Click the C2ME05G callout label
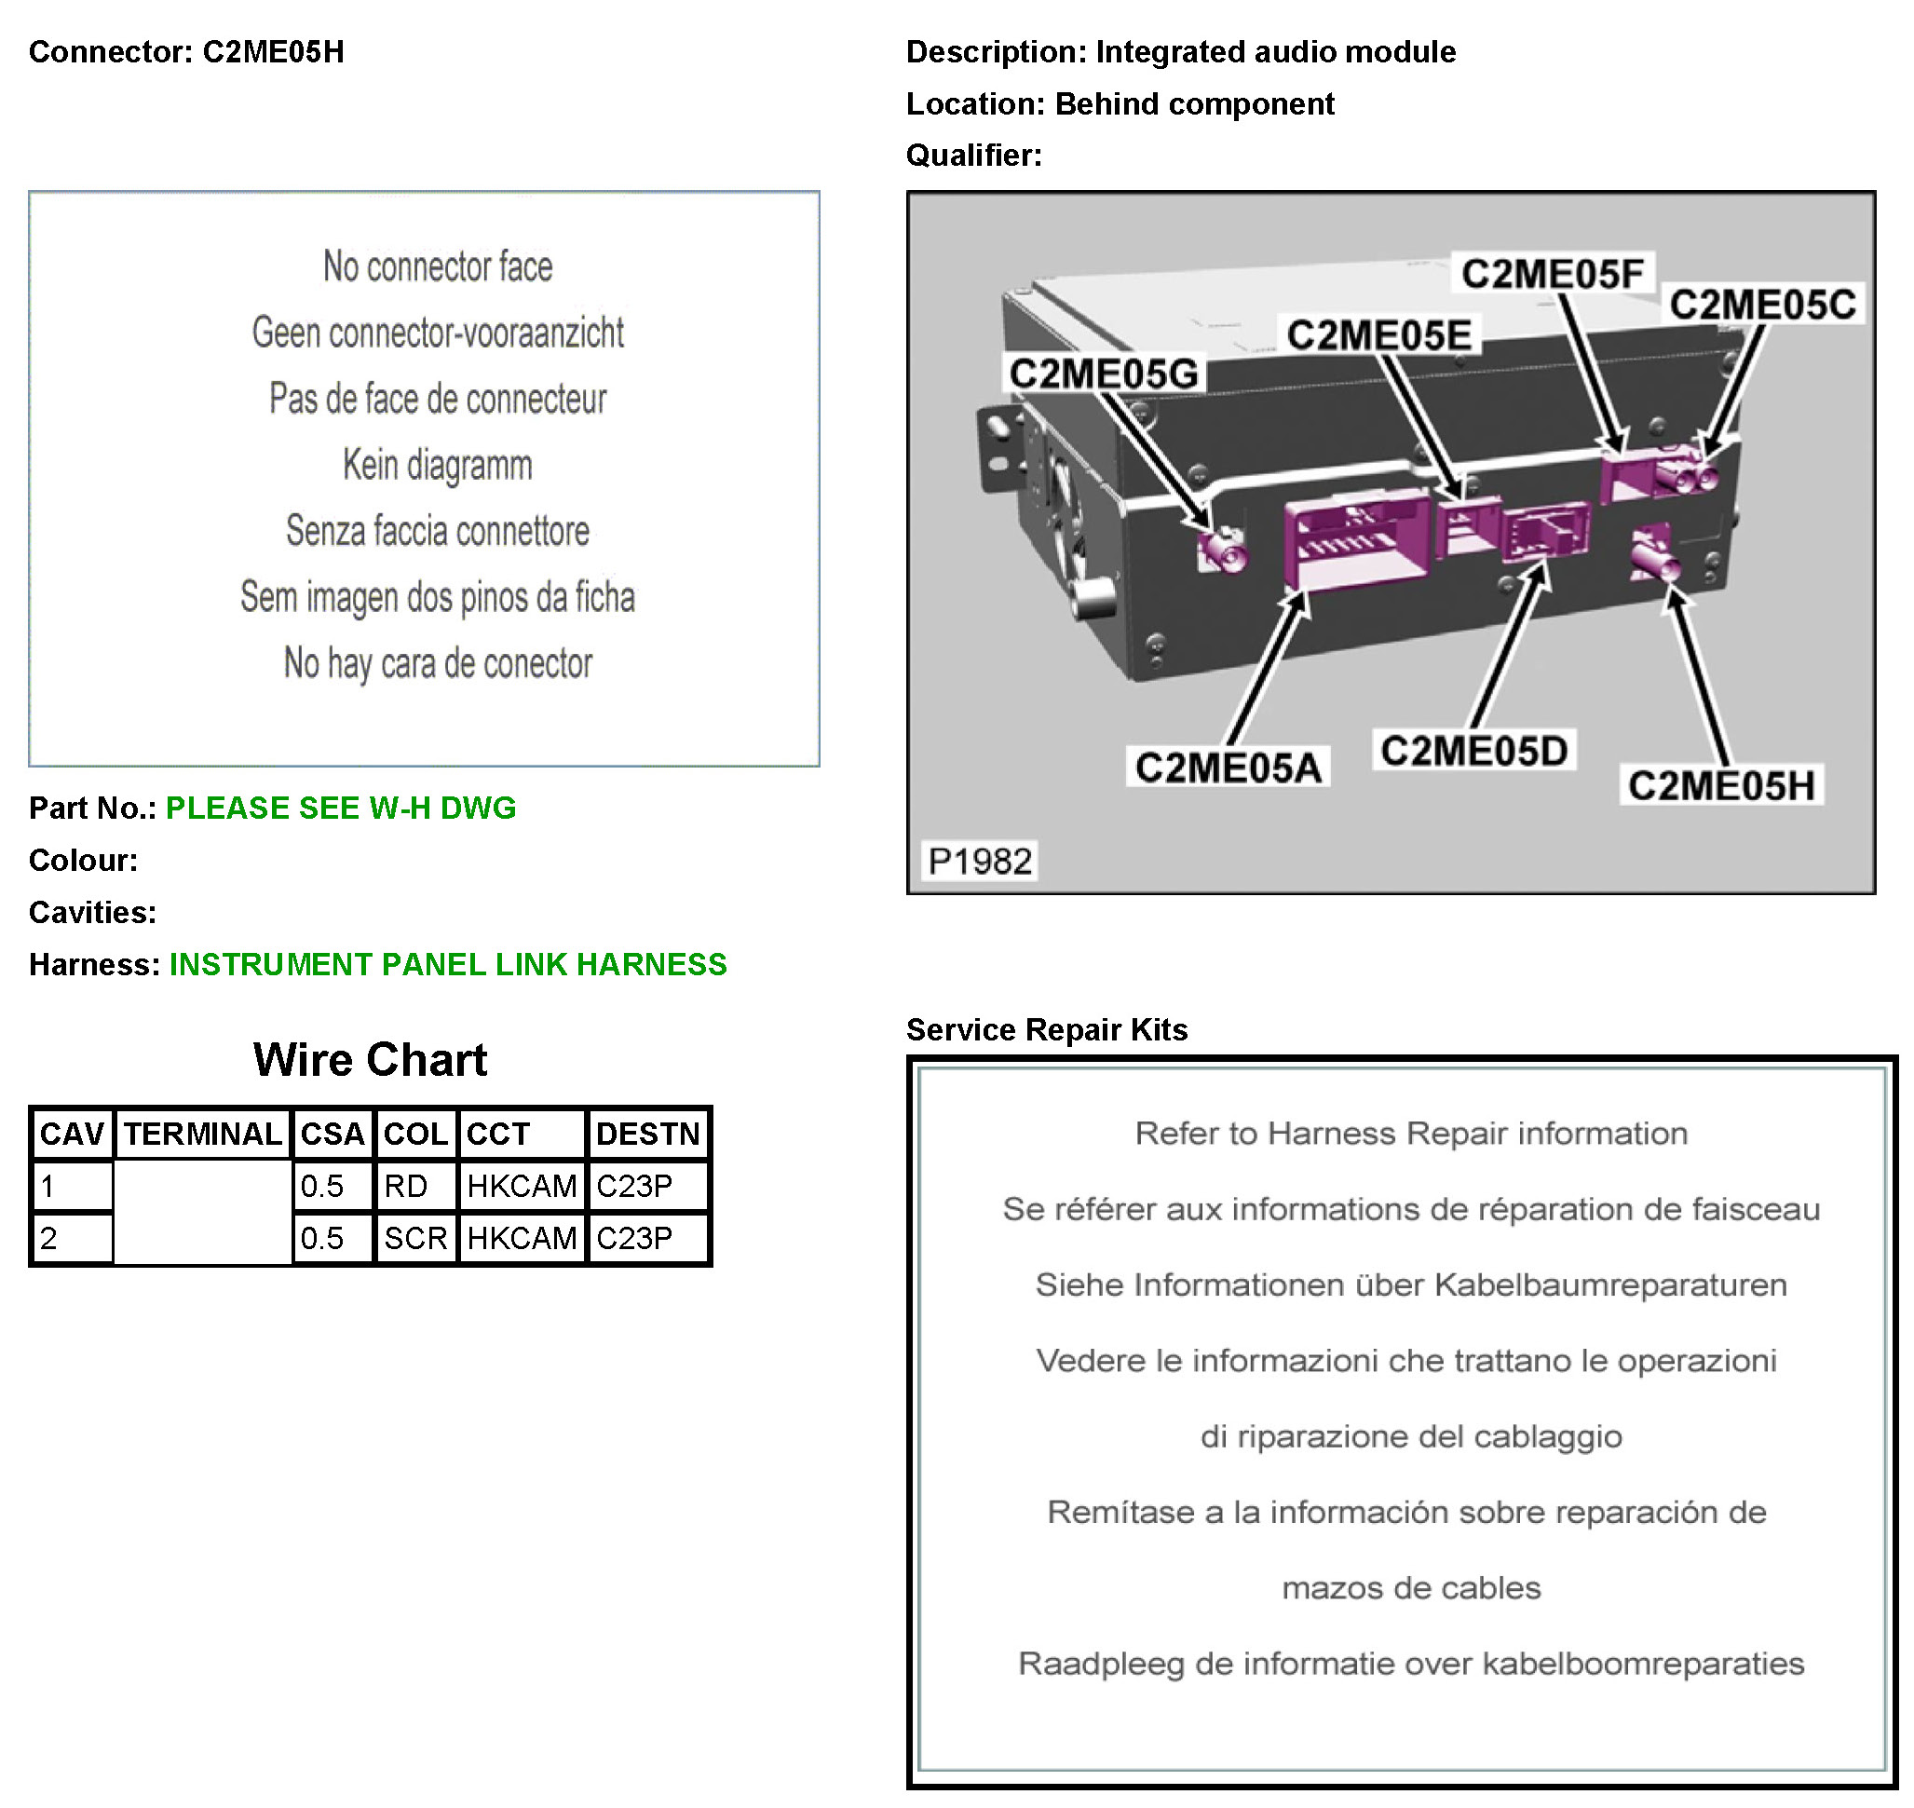(1104, 374)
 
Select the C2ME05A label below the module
(1228, 768)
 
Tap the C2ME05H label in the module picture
(1721, 785)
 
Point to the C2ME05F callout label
(1553, 274)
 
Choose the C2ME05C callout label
(1763, 305)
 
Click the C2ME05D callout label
(1473, 751)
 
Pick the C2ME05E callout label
(1379, 335)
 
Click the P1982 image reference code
(979, 861)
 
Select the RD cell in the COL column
(406, 1186)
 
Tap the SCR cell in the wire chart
(415, 1237)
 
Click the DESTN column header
(647, 1134)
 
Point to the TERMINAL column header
(202, 1134)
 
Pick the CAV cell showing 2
(72, 1237)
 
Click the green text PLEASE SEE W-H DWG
(341, 808)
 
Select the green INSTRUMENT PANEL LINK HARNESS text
(448, 964)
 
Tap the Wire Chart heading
(370, 1059)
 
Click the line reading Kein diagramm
(438, 465)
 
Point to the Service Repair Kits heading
(1047, 1029)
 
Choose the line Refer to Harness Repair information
(1411, 1134)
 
